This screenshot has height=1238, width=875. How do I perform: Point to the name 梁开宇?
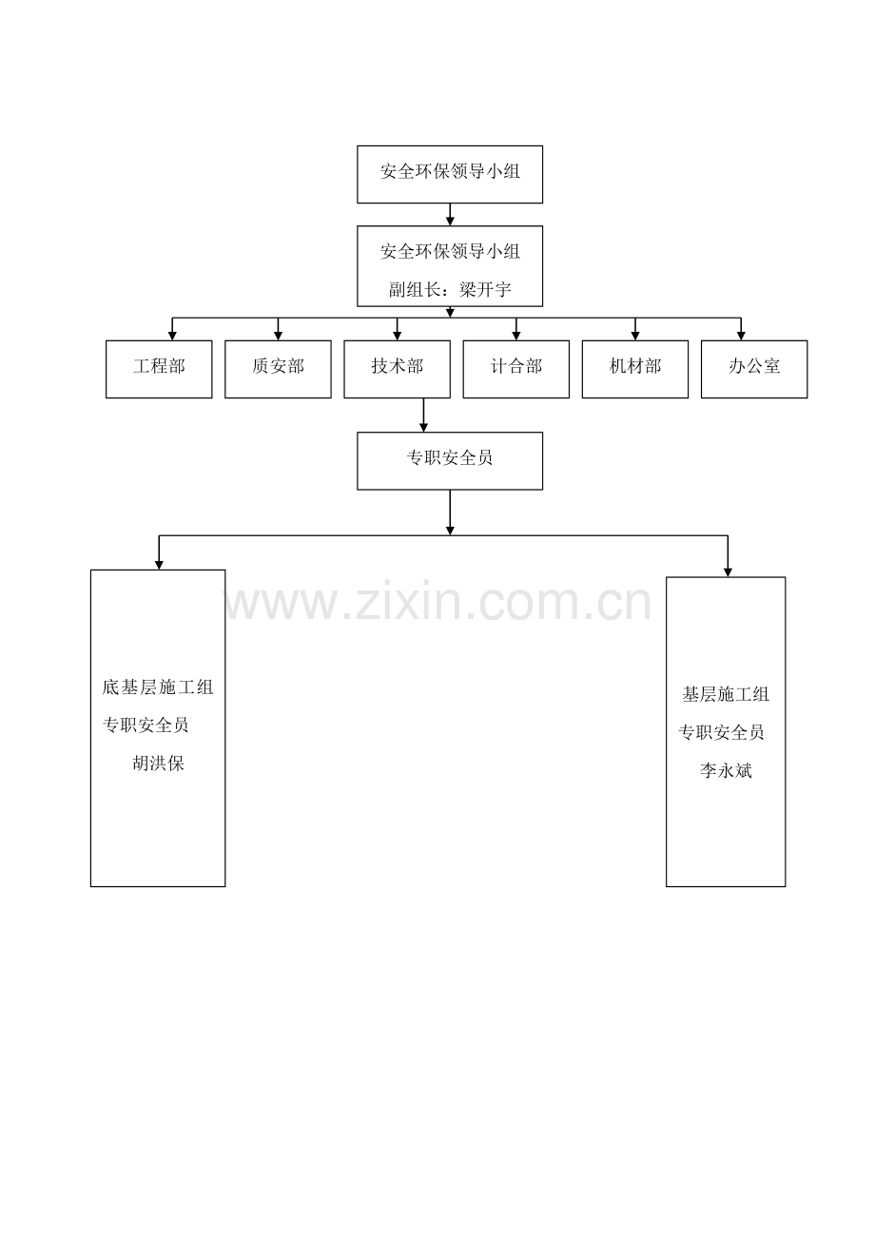click(x=485, y=289)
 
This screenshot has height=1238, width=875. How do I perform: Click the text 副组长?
click(x=415, y=289)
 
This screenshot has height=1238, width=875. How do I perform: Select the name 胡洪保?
click(x=158, y=764)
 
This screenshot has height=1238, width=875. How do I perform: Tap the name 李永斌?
click(x=726, y=770)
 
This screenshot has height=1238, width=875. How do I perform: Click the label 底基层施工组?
click(x=158, y=687)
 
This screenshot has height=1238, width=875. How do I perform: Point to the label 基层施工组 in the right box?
click(x=726, y=694)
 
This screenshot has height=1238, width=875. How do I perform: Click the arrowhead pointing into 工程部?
click(x=172, y=336)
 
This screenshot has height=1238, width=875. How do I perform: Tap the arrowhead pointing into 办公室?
click(x=741, y=336)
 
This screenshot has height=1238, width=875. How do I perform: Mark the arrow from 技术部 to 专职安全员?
click(x=423, y=416)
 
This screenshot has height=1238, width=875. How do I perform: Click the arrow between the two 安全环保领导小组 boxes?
click(x=450, y=215)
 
